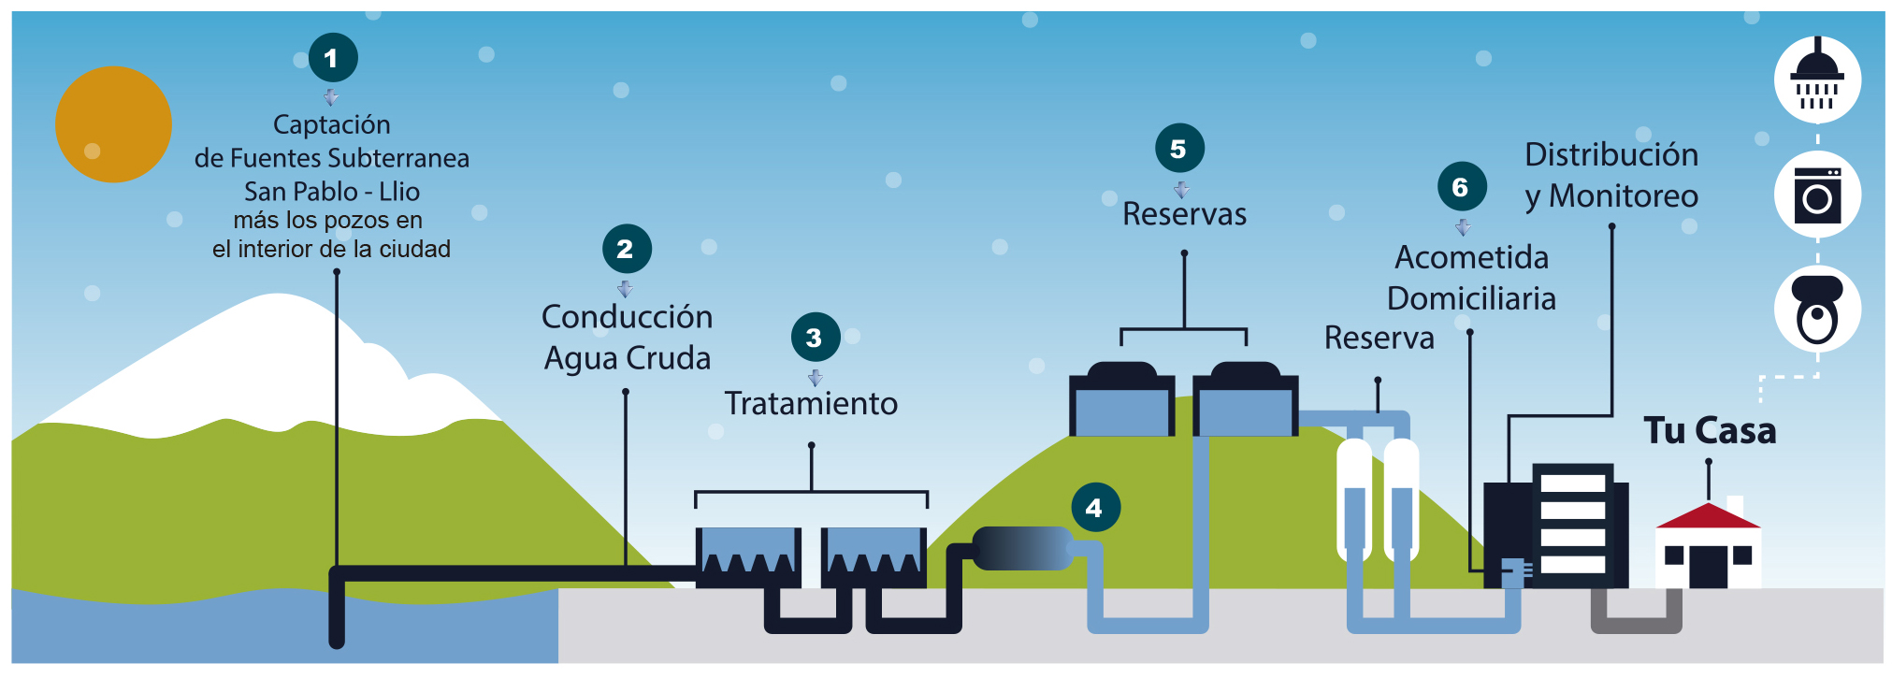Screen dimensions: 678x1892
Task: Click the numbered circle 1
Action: (333, 58)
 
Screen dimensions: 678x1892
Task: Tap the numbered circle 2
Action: (627, 249)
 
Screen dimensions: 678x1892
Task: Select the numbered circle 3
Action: (815, 338)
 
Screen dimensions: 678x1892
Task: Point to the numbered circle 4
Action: (1095, 508)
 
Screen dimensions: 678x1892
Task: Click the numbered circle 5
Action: (1179, 149)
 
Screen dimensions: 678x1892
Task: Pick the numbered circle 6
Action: (1462, 187)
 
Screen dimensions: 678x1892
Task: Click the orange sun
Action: (113, 124)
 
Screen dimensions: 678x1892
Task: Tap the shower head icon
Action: (1816, 79)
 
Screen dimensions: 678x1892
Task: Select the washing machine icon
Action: (1816, 195)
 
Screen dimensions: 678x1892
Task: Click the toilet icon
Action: (1816, 310)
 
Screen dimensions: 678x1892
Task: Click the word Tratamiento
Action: (811, 404)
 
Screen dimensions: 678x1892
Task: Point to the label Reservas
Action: (1184, 214)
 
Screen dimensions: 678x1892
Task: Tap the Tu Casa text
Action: (1709, 431)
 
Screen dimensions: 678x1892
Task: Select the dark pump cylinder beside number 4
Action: (1021, 549)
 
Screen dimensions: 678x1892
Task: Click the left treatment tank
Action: (748, 556)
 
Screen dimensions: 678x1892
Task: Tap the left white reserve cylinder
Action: (1353, 500)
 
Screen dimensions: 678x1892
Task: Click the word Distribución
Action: (1610, 155)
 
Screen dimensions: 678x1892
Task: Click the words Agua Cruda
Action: (628, 359)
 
